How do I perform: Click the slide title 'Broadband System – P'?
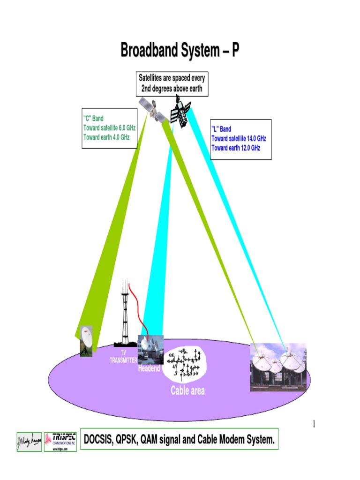(180, 50)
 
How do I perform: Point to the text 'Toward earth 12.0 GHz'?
(236, 148)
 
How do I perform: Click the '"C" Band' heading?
(93, 119)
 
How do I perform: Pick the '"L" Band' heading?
(221, 129)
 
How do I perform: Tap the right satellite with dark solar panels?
(180, 110)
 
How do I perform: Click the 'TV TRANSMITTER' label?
(123, 356)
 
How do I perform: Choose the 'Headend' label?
(149, 369)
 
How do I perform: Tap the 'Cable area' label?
(187, 390)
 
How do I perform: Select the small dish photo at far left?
(86, 341)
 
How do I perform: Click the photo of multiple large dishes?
(278, 368)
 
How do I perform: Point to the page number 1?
(314, 425)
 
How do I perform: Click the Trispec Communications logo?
(60, 442)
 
